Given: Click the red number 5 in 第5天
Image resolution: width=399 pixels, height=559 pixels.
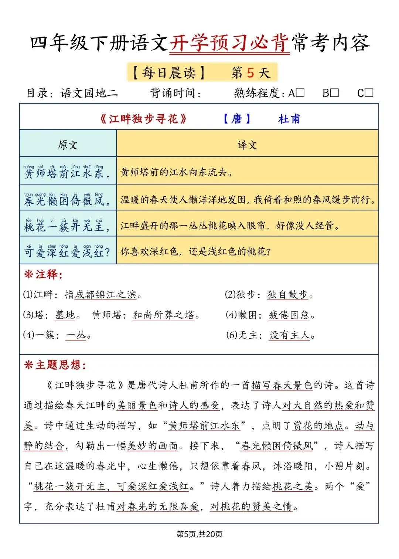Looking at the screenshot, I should [250, 73].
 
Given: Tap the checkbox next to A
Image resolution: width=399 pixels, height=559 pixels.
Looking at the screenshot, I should [300, 93].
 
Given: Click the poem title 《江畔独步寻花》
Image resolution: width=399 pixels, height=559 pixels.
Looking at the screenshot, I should [143, 119].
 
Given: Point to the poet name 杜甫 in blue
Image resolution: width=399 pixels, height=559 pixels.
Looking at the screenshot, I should [289, 119].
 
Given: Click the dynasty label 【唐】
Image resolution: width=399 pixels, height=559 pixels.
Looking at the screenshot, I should [237, 119].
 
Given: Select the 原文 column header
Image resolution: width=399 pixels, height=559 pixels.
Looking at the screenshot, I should [68, 145].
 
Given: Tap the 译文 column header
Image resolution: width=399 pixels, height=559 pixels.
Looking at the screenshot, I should [247, 145].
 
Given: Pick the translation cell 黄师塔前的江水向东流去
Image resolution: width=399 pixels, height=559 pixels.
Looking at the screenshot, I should [176, 172].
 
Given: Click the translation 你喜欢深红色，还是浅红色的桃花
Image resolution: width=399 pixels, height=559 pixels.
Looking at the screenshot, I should [195, 252].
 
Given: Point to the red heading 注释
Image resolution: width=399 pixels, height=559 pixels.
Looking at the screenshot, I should [43, 274].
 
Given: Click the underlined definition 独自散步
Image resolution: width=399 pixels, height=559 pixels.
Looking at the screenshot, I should [287, 295].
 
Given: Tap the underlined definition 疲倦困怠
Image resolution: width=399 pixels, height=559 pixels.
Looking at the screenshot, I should [289, 315].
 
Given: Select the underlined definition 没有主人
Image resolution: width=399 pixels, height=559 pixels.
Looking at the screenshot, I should [290, 335].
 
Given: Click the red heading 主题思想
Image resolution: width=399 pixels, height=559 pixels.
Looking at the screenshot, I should [55, 365].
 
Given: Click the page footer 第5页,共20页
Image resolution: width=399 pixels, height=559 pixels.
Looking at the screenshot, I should [199, 534].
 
